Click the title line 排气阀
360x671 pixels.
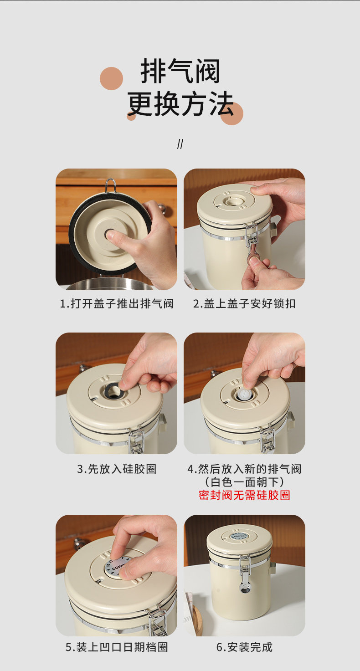(180, 71)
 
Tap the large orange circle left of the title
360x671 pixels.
(111, 78)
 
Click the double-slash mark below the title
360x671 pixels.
(180, 144)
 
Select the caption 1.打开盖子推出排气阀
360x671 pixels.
(117, 304)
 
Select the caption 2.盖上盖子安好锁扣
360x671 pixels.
(244, 304)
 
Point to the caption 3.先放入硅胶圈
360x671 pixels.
(117, 469)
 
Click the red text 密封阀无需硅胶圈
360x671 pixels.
(244, 495)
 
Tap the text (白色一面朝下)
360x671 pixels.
(244, 482)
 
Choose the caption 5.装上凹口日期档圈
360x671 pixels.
(117, 647)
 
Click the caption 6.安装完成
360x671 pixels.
(244, 647)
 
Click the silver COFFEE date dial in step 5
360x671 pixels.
(117, 566)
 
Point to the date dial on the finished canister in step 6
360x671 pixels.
(239, 535)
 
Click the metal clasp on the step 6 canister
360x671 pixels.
(245, 573)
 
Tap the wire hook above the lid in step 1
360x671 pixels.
(110, 185)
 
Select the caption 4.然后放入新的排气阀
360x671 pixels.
(244, 469)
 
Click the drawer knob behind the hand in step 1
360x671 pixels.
(162, 209)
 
